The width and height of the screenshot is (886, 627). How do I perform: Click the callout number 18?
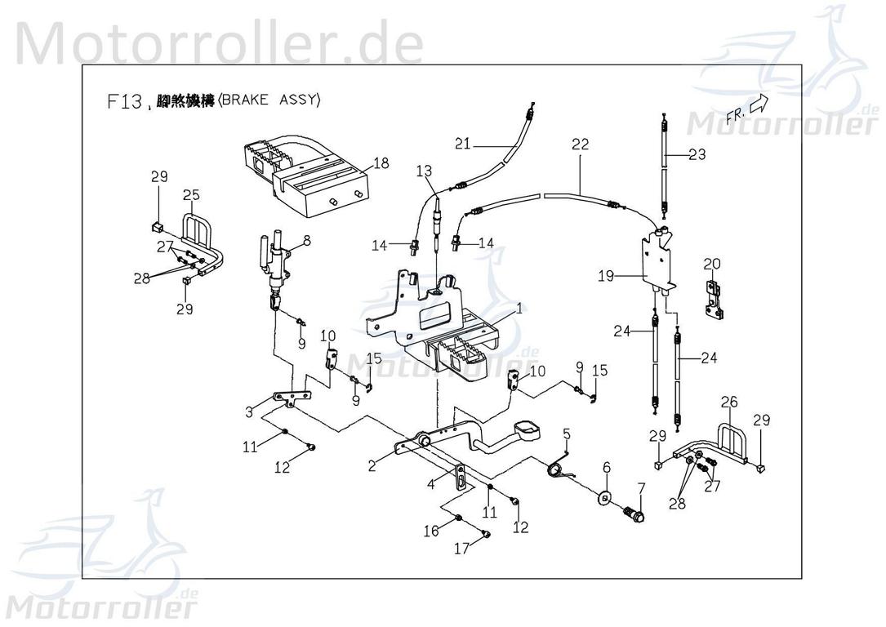tap(381, 163)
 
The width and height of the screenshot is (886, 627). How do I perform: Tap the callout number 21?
tap(464, 145)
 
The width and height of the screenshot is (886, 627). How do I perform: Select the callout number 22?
tap(580, 145)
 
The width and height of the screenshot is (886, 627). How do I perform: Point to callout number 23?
tap(697, 154)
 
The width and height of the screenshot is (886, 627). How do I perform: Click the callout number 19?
tap(605, 277)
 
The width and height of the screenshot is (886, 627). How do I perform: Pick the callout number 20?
tap(712, 264)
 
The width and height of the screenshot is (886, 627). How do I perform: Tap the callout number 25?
tap(191, 195)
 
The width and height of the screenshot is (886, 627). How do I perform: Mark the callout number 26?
tap(729, 401)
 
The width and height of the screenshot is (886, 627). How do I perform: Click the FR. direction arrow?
tap(758, 104)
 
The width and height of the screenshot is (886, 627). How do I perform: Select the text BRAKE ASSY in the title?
tap(270, 101)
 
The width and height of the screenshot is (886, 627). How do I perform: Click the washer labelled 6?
tap(606, 497)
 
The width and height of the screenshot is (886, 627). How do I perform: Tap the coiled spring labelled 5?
tap(559, 467)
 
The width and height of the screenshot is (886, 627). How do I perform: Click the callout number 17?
tap(462, 549)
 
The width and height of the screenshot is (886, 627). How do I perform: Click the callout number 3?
tap(249, 412)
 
